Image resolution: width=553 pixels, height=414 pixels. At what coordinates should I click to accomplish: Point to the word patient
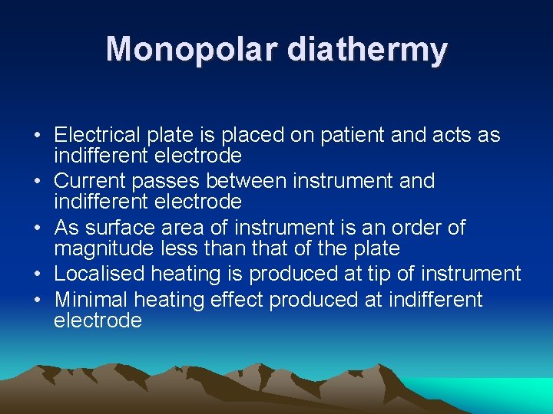[x=348, y=136]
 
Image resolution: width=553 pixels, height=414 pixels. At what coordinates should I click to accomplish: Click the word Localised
[x=100, y=274]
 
